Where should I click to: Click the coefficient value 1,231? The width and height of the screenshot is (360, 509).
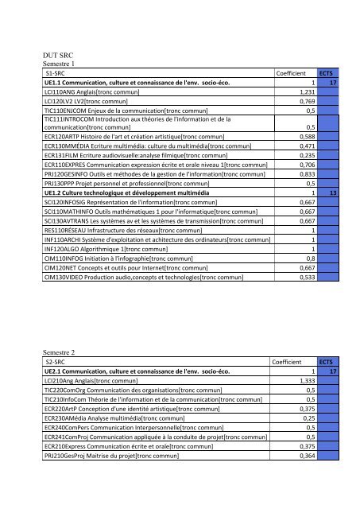308,92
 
